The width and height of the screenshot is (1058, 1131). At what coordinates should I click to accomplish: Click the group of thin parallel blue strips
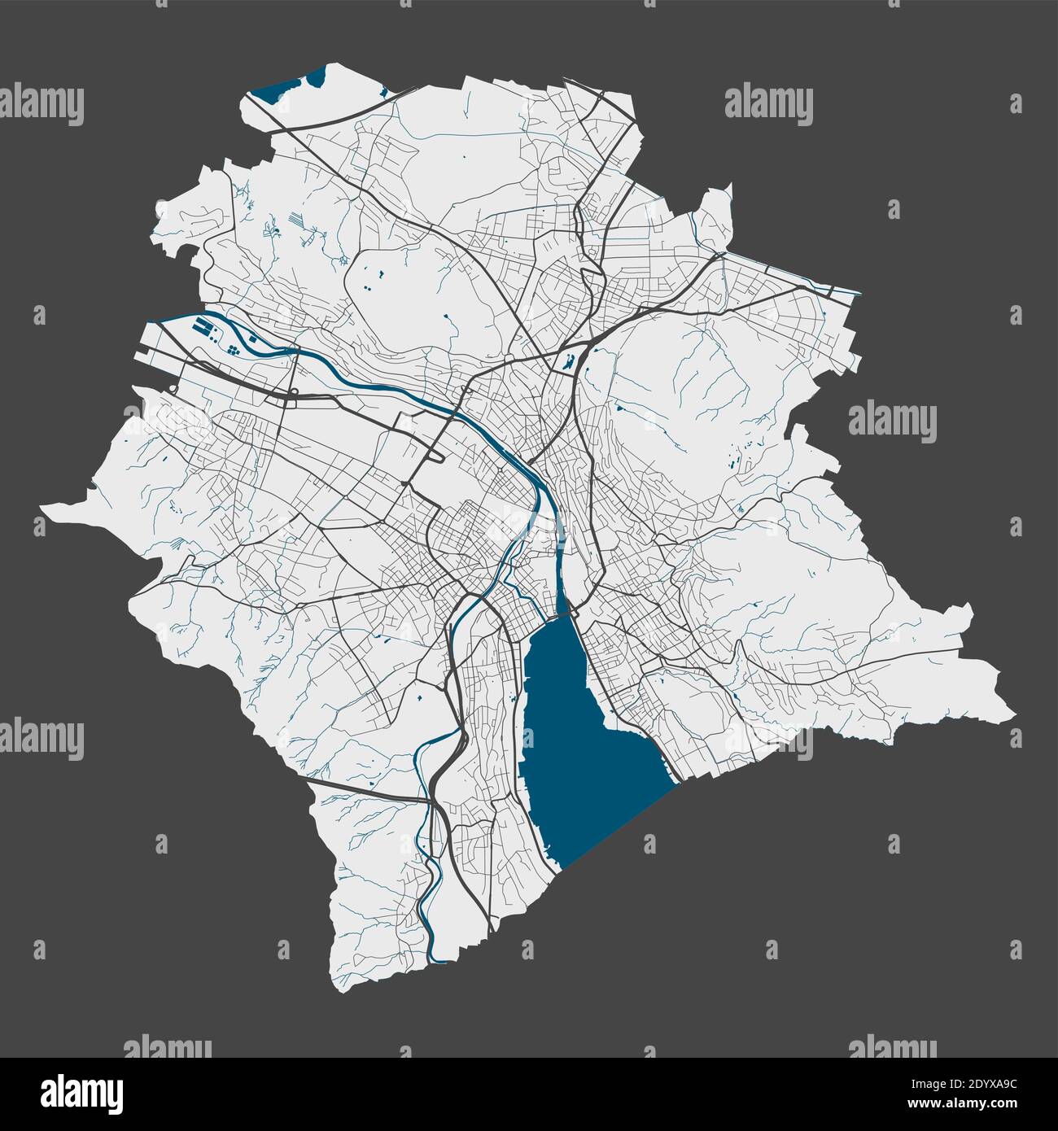pyautogui.click(x=297, y=220)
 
